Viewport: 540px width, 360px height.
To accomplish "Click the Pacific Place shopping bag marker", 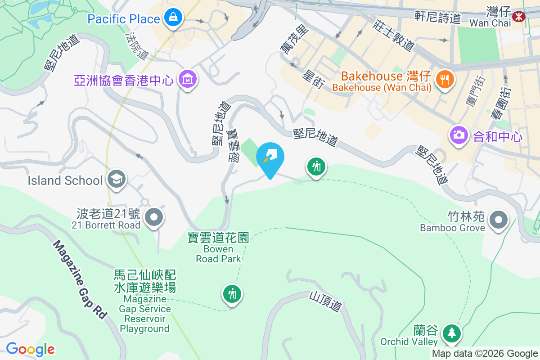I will click(172, 18).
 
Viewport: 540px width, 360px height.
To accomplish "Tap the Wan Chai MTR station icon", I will click(520, 16).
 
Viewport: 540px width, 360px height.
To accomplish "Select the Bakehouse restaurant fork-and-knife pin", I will click(445, 79).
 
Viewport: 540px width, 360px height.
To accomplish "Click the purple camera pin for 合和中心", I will click(459, 135).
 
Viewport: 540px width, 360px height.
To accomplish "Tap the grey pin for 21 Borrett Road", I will click(154, 217).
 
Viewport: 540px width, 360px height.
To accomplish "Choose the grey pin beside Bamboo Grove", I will click(499, 220).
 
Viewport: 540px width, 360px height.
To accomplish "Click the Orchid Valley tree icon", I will click(451, 333).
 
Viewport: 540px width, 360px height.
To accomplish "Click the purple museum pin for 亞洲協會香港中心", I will click(187, 79).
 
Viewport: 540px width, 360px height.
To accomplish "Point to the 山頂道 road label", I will click(325, 301).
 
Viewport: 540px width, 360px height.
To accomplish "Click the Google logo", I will click(31, 349).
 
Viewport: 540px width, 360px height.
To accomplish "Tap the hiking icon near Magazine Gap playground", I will click(232, 294).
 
